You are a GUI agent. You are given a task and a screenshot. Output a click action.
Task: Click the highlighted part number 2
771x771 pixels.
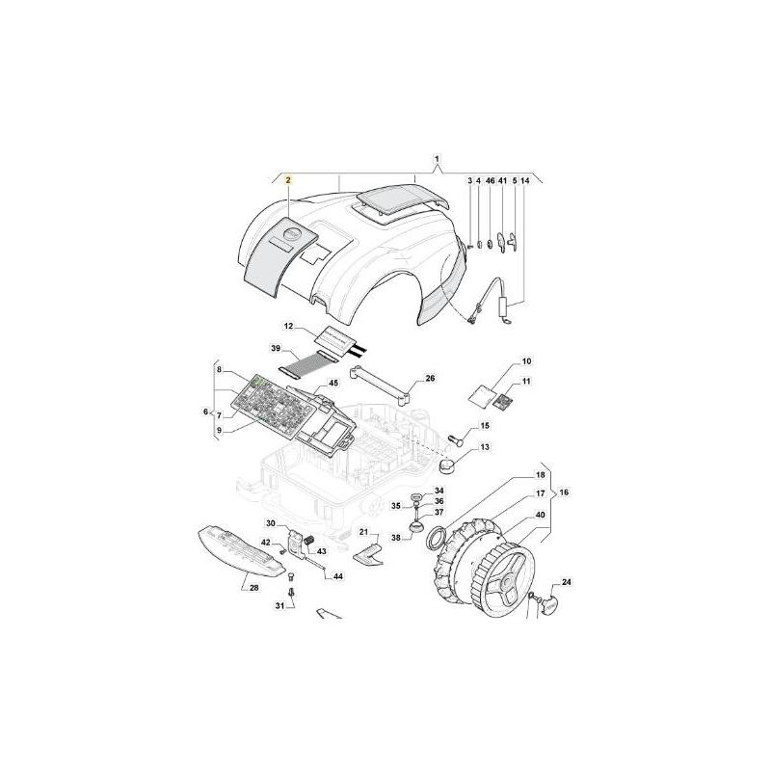coord(288,180)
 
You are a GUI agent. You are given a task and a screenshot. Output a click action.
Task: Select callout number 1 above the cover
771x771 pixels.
coord(437,159)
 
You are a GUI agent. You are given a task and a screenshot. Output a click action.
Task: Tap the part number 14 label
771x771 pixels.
coord(525,181)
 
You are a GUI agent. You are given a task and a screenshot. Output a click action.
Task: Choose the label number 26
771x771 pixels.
coord(430,379)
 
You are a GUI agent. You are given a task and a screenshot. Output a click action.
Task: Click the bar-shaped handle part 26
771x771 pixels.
coord(381,385)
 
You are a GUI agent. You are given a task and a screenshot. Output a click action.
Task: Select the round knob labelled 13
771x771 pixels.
coord(447,465)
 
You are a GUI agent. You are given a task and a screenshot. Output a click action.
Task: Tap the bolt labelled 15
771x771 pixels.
coord(455,439)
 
